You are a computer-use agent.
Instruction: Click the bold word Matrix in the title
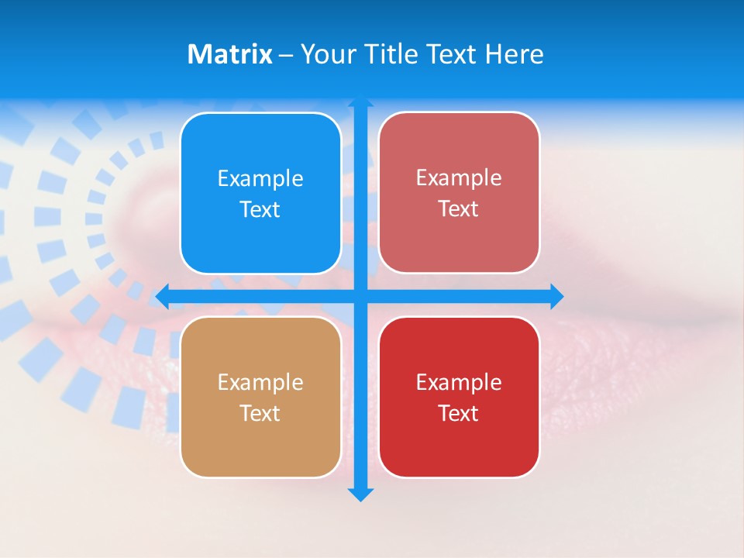229,54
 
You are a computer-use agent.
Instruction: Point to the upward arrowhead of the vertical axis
360,101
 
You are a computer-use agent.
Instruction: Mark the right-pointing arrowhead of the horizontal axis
556,296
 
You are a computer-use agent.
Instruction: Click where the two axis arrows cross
360,296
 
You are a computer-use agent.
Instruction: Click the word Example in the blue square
260,179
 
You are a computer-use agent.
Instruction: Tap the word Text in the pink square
459,209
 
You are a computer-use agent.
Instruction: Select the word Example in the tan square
260,383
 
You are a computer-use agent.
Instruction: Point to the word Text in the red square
459,414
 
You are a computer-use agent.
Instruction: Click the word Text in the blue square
260,210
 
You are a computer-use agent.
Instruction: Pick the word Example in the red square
459,383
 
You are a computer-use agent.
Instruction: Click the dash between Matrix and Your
286,55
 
